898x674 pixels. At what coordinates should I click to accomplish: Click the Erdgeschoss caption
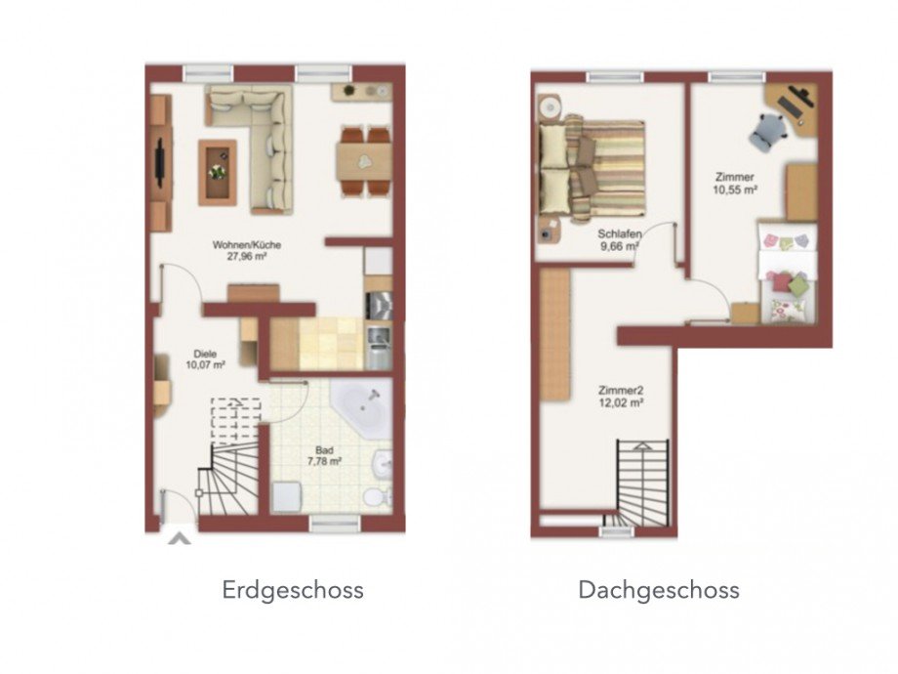(x=293, y=590)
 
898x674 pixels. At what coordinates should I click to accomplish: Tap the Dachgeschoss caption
(x=658, y=590)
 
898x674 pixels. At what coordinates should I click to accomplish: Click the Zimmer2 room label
(x=621, y=389)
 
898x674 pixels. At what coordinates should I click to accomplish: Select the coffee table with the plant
(x=218, y=172)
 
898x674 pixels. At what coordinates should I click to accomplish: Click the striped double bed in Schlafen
(x=595, y=168)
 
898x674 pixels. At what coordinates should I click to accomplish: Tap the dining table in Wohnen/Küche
(x=364, y=160)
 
